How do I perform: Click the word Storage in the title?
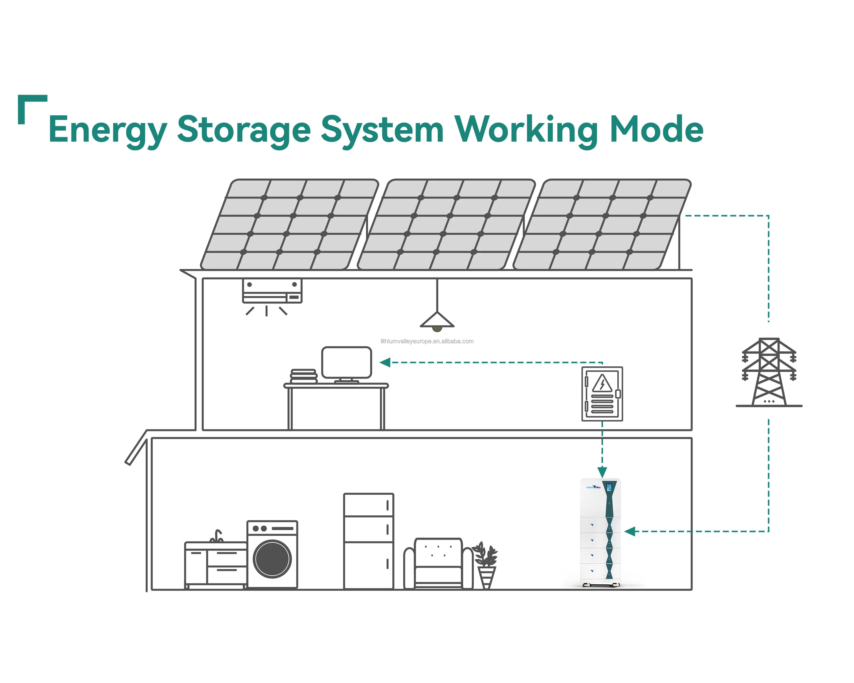coord(244,129)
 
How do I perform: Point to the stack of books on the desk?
coord(304,376)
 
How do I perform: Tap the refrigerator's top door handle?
coord(387,506)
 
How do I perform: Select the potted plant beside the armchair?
coord(486,565)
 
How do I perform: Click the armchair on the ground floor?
coord(438,563)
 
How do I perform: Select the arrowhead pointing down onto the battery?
coord(602,472)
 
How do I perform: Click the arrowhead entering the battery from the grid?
coord(630,532)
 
